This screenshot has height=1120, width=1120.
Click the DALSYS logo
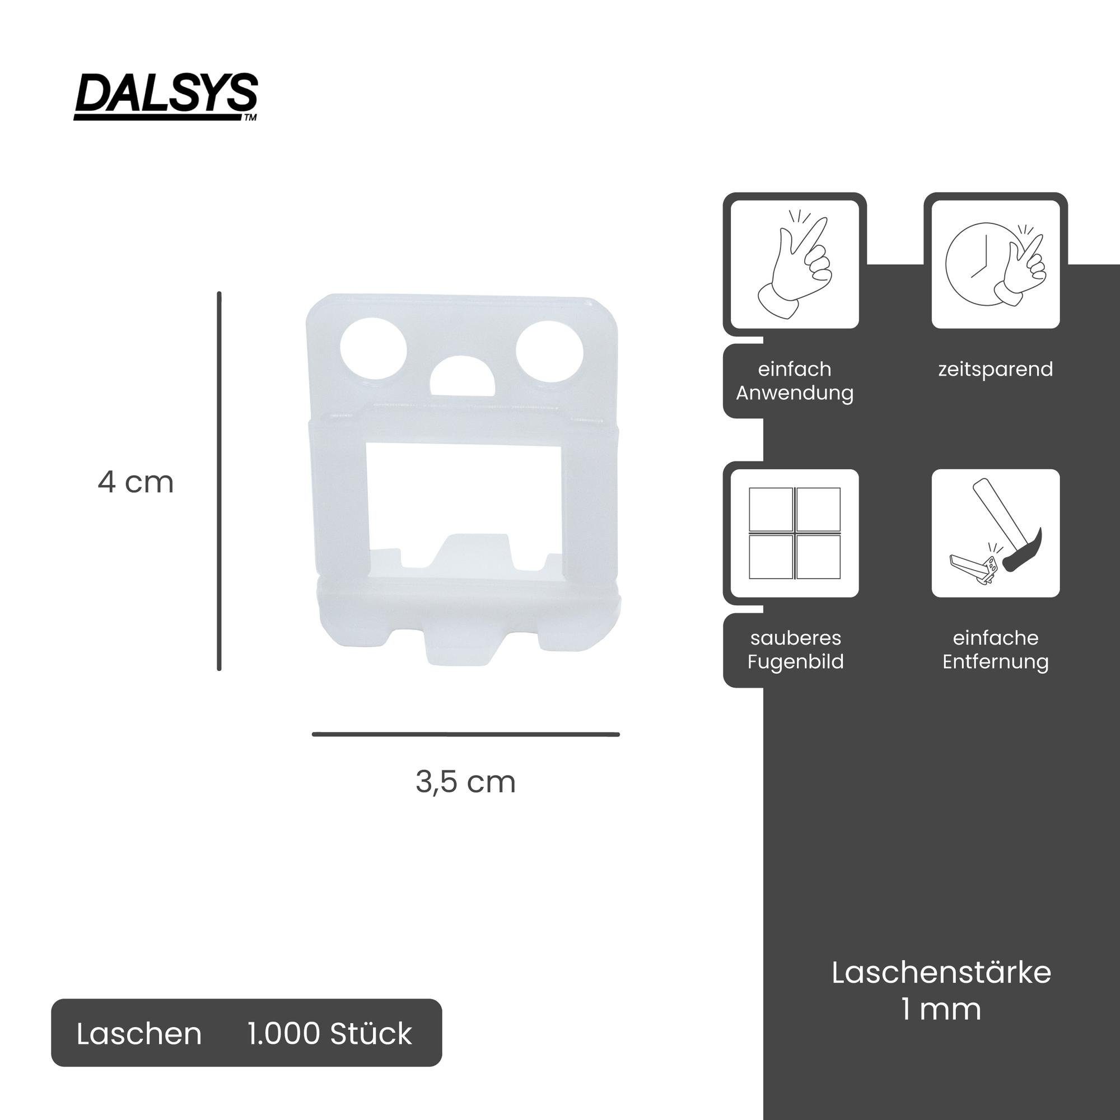click(x=166, y=96)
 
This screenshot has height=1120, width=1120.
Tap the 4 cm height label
click(x=136, y=482)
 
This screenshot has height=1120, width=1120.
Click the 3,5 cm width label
click(x=465, y=782)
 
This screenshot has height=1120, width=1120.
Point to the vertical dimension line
click(x=219, y=481)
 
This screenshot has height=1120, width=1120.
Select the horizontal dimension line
click(x=465, y=735)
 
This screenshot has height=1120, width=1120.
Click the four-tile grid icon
click(x=794, y=533)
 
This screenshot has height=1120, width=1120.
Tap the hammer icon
click(x=995, y=533)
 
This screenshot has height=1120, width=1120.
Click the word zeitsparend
click(x=995, y=369)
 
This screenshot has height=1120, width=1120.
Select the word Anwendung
click(x=795, y=393)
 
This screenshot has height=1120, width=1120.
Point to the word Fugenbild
click(x=795, y=661)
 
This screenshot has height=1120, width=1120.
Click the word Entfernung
click(x=995, y=661)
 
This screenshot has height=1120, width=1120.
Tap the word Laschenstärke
click(x=941, y=973)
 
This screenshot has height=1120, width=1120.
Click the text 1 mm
click(x=941, y=1009)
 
